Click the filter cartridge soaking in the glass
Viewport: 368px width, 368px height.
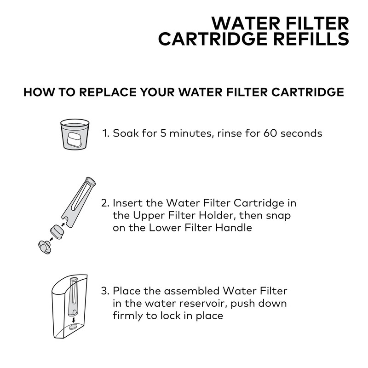click(74, 138)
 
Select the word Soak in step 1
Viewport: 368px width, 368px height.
click(124, 134)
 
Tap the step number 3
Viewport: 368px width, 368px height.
click(104, 291)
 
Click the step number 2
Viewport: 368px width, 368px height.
click(104, 203)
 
